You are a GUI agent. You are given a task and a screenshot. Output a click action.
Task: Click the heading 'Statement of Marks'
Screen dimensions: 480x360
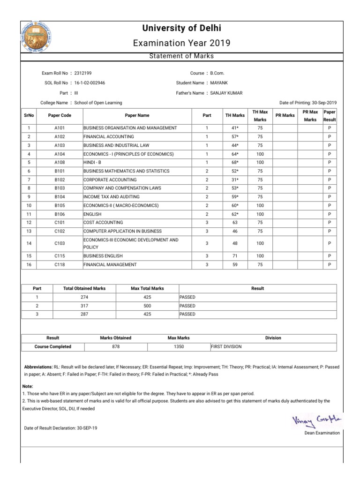(181, 56)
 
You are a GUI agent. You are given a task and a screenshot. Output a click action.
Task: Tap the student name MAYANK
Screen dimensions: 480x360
(219, 83)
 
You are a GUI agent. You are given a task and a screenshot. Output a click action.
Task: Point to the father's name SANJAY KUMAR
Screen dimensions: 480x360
(226, 93)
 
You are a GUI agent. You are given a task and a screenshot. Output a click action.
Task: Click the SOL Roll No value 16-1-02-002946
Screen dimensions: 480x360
(90, 83)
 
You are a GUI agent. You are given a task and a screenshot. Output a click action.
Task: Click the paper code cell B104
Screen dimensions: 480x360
(60, 197)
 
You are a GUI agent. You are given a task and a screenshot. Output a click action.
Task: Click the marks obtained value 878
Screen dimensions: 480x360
(116, 346)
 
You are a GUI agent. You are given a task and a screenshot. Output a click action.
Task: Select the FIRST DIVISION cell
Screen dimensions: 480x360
(227, 346)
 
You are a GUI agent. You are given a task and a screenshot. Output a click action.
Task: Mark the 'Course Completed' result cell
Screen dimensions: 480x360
(53, 346)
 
